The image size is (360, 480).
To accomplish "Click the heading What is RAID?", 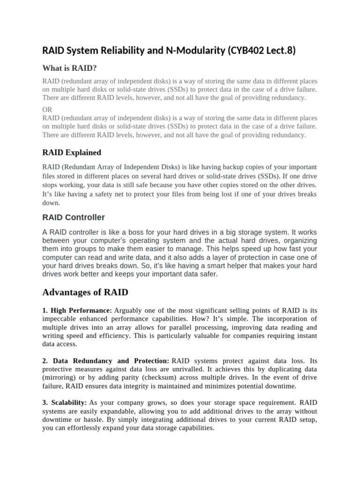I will (x=69, y=68).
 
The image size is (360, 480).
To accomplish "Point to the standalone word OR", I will (x=47, y=109).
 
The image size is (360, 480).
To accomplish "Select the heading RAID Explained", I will (x=72, y=152).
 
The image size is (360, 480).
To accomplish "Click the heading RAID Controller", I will (x=74, y=217).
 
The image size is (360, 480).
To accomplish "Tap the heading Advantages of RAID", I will (x=85, y=292).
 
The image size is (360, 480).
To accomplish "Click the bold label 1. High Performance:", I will (x=77, y=310).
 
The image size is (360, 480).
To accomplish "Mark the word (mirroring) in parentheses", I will (x=59, y=378).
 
